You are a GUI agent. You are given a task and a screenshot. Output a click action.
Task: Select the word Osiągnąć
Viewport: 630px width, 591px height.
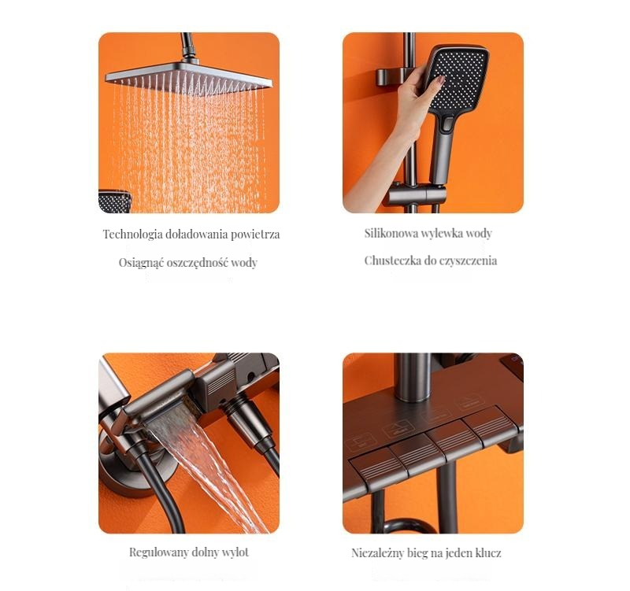pyautogui.click(x=141, y=263)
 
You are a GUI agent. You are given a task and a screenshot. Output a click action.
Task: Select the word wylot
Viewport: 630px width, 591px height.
pyautogui.click(x=236, y=552)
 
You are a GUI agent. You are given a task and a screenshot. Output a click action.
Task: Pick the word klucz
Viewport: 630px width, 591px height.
pyautogui.click(x=488, y=553)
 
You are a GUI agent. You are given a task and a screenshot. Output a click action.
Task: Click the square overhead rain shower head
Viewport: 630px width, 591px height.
pyautogui.click(x=188, y=78)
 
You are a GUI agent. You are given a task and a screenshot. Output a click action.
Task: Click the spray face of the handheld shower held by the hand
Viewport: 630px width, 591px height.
pyautogui.click(x=459, y=78)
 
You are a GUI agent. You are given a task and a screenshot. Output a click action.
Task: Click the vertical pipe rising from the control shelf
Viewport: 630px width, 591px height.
pyautogui.click(x=413, y=377)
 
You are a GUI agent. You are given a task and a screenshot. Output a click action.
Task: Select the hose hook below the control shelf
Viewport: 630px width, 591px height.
pyautogui.click(x=406, y=525)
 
